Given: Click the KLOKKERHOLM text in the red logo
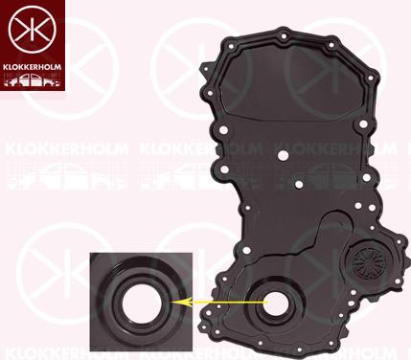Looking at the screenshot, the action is click(32, 67).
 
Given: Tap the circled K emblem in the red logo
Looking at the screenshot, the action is click(33, 30).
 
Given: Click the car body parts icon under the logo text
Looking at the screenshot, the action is click(32, 79).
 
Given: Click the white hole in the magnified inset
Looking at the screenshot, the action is click(143, 302).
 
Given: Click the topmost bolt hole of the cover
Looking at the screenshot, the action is click(284, 36).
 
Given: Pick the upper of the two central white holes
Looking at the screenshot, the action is click(283, 156).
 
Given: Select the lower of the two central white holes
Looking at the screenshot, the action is click(299, 184).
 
